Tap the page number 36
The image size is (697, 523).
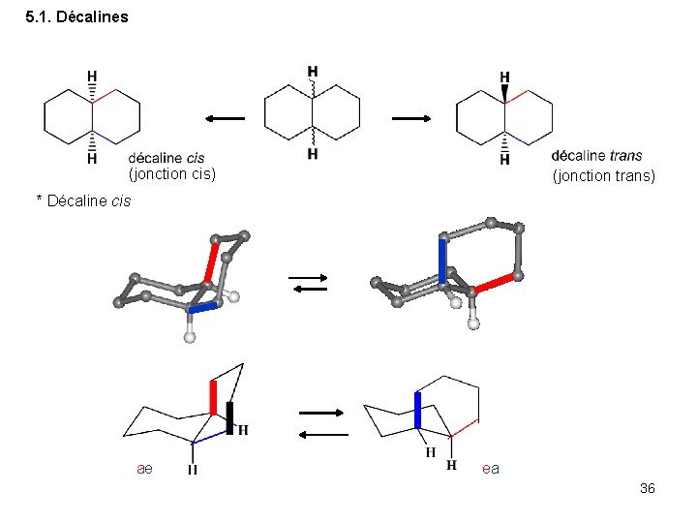pos(648,488)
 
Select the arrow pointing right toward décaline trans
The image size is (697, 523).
pos(411,118)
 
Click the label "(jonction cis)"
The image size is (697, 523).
pos(171,174)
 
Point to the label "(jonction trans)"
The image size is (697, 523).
pos(603,175)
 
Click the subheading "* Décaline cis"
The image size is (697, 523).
pos(83,200)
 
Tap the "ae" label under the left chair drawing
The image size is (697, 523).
pos(144,469)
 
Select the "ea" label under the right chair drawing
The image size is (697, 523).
pos(491,469)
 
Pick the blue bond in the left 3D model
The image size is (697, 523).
pos(205,307)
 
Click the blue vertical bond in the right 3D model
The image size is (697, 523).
pos(442,261)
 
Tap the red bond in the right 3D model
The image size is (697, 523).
pos(495,283)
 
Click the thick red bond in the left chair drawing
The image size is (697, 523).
pos(213,398)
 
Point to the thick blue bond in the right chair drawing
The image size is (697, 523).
pos(417,410)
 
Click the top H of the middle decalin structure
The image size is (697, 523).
pos(312,71)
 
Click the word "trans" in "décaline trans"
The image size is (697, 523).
pos(625,156)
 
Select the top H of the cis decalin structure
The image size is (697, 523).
pos(92,75)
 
